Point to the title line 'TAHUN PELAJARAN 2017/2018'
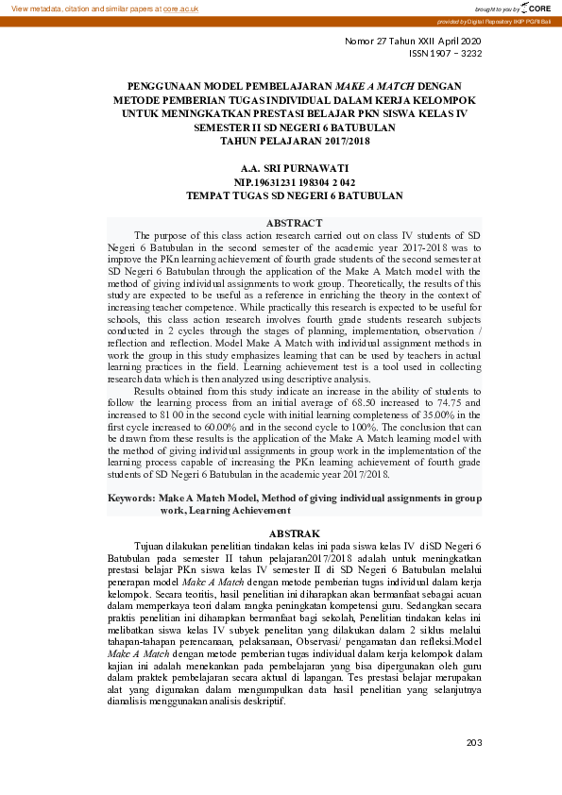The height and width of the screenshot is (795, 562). [x=295, y=141]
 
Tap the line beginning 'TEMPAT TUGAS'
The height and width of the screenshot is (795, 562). [x=295, y=195]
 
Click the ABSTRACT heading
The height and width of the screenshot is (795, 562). [x=295, y=223]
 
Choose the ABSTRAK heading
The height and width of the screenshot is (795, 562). [x=295, y=533]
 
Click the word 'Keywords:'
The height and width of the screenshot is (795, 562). [x=131, y=498]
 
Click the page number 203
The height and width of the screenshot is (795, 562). [x=474, y=742]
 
